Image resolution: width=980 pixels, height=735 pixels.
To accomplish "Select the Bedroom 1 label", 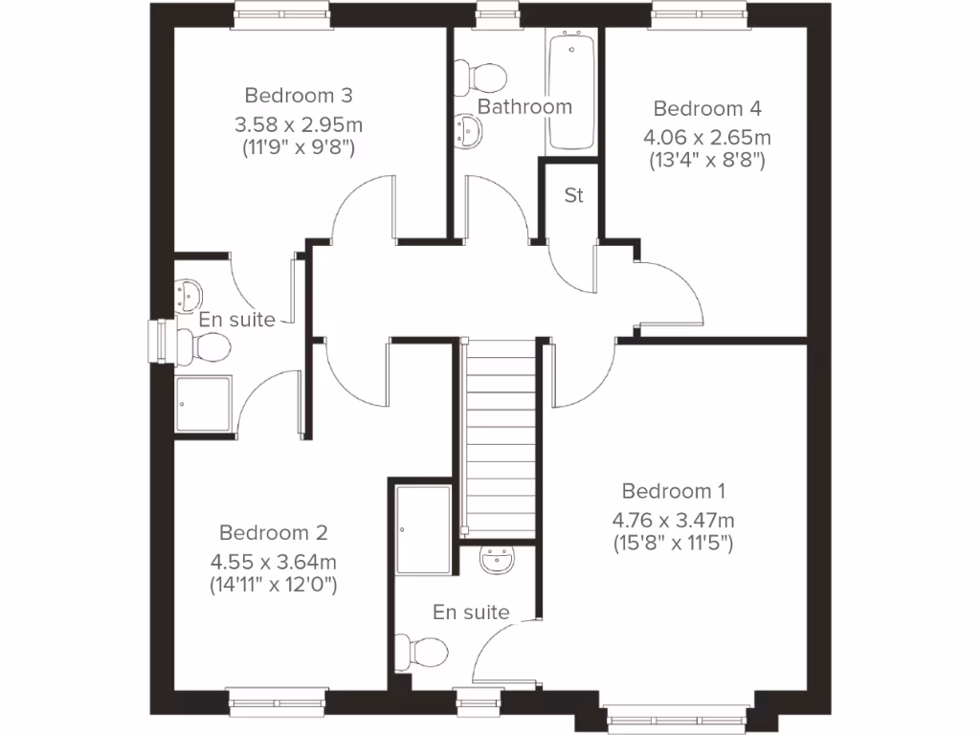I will coord(673,491).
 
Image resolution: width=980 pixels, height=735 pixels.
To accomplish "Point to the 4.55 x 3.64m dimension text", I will coord(273,560).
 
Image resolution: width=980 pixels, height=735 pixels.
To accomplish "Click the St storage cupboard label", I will coord(573,196).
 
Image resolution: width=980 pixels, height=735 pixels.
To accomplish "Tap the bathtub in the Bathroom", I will coord(571,92).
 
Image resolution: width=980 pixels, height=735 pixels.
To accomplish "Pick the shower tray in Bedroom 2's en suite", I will coord(204,405).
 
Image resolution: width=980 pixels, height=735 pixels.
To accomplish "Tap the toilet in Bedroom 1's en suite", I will coord(426,653).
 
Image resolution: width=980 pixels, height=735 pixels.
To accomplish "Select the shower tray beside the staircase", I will coord(422,529).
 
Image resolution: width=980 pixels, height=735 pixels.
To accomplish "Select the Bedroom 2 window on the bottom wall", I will coord(278,702).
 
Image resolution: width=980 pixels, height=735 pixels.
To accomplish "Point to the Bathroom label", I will coord(524,106).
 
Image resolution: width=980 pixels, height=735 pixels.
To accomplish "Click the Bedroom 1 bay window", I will coord(675,718).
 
